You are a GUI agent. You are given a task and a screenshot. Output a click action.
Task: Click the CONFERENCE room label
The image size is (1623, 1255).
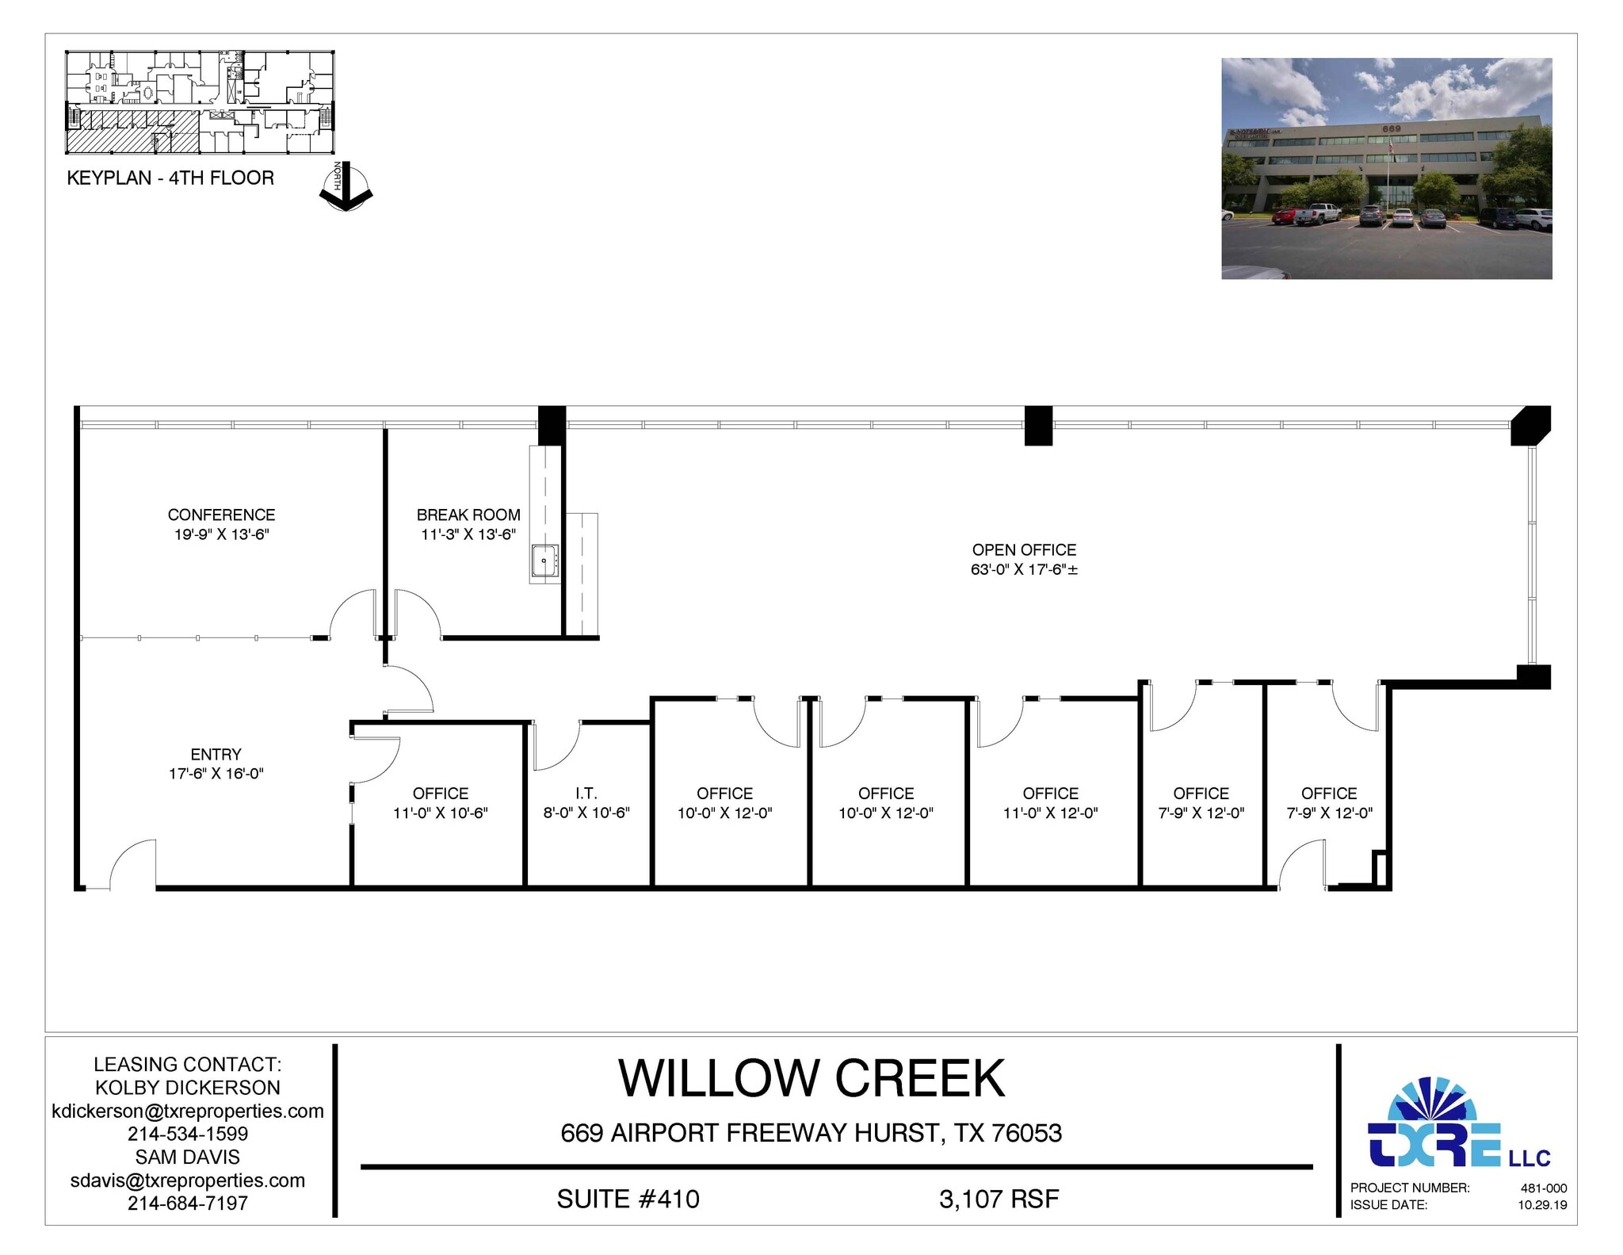221,515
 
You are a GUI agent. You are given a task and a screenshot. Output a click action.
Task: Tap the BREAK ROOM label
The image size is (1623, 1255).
468,515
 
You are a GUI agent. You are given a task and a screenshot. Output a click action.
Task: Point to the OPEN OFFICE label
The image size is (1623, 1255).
1024,550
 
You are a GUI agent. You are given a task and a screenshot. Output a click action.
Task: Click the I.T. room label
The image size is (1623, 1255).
586,794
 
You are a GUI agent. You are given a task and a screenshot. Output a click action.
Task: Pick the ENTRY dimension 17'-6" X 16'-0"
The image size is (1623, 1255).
216,774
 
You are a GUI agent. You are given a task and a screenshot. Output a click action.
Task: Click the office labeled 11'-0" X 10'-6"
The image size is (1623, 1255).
441,803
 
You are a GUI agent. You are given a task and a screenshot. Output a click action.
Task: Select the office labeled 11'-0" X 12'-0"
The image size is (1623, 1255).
1050,803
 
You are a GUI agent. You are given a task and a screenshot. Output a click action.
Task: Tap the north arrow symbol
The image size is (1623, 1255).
346,188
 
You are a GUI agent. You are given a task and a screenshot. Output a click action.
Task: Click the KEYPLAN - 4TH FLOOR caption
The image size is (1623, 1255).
170,178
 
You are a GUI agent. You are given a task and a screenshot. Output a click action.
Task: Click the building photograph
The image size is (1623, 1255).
1386,168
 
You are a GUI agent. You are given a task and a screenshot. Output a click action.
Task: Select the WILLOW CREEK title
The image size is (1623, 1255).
811,1079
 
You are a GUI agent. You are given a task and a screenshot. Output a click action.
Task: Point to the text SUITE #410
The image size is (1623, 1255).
628,1200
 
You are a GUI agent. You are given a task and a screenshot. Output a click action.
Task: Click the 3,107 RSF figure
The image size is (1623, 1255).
999,1200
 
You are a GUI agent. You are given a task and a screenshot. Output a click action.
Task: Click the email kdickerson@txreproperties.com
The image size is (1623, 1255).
188,1112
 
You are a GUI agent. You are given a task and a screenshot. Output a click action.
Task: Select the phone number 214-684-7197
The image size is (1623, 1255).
188,1203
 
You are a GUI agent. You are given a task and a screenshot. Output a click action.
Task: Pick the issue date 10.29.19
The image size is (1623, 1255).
1542,1205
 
